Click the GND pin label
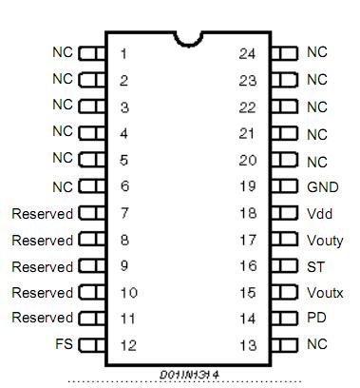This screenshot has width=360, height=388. (322, 187)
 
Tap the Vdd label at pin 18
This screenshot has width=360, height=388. (318, 214)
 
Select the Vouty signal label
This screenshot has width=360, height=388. (325, 241)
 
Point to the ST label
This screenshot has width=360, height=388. (314, 267)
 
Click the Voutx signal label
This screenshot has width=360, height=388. (325, 293)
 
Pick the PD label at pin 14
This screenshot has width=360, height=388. (315, 318)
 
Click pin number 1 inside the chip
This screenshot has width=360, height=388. (123, 53)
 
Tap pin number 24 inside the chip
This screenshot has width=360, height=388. (247, 53)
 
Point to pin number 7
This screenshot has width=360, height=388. (123, 214)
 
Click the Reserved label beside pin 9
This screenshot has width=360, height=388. (42, 267)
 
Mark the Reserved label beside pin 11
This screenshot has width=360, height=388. (42, 318)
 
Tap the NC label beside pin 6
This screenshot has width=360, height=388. (62, 187)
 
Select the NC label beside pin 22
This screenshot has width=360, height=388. (316, 107)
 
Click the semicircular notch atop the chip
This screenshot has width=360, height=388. (188, 37)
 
